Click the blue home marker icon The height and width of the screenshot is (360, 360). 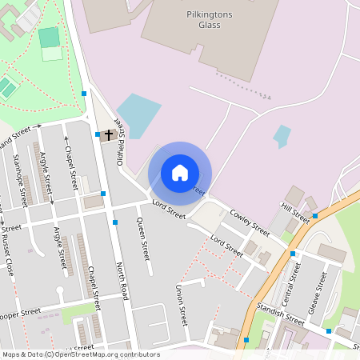(180, 173)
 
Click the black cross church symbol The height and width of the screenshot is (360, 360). (108, 134)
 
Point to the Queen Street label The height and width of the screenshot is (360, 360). (143, 239)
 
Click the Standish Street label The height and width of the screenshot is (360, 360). (281, 314)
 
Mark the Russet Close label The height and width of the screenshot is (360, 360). (7, 255)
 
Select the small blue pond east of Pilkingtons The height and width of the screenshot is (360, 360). (282, 135)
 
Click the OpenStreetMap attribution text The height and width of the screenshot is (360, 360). (81, 354)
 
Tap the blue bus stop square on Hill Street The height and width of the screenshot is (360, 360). (315, 216)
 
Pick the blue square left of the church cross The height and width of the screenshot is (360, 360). (98, 134)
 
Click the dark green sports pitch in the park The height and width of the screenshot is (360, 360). (49, 37)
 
